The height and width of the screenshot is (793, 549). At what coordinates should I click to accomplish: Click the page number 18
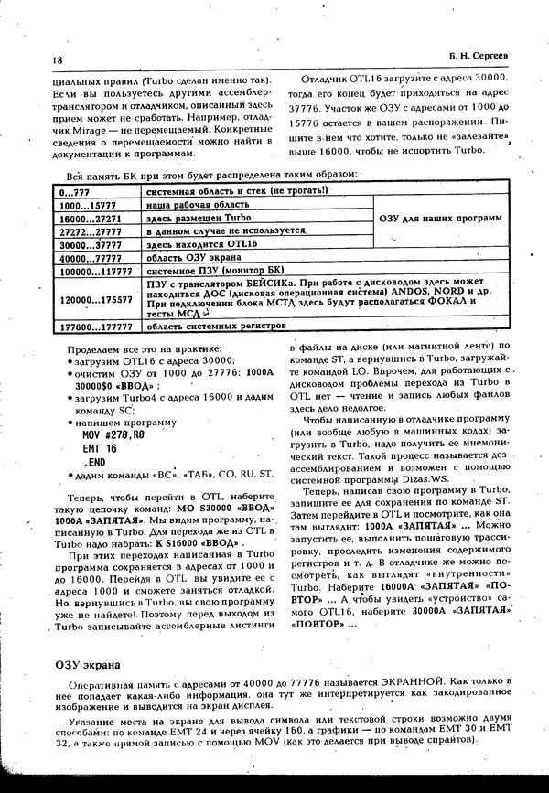point(33,60)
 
